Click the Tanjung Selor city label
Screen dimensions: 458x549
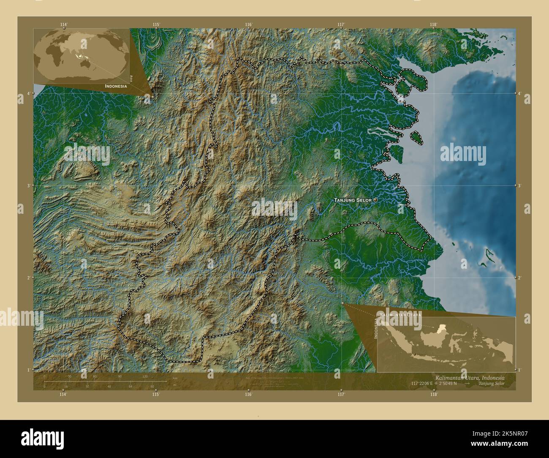click(x=353, y=200)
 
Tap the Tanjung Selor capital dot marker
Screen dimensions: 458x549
click(x=375, y=200)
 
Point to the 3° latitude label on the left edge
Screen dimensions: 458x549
click(x=28, y=185)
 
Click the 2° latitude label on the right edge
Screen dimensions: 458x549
click(x=520, y=278)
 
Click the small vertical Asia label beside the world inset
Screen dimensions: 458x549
click(x=131, y=78)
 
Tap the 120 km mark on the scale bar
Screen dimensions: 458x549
click(x=145, y=376)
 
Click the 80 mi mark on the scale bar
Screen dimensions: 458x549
click(x=152, y=386)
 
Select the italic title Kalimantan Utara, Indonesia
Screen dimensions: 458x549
click(x=469, y=377)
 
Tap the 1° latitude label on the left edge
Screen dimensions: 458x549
click(x=28, y=370)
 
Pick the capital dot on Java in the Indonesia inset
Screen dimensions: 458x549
click(x=415, y=354)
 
